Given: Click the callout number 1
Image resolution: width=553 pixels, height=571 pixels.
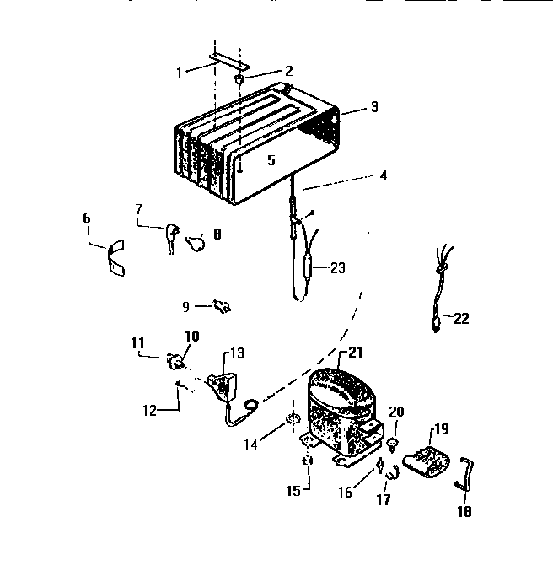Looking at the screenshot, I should point(179,73).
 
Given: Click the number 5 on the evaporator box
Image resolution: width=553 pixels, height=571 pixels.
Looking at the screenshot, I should point(271,159).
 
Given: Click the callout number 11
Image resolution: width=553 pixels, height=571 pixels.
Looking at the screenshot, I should point(137,342).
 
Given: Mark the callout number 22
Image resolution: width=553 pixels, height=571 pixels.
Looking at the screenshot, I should point(461,319).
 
